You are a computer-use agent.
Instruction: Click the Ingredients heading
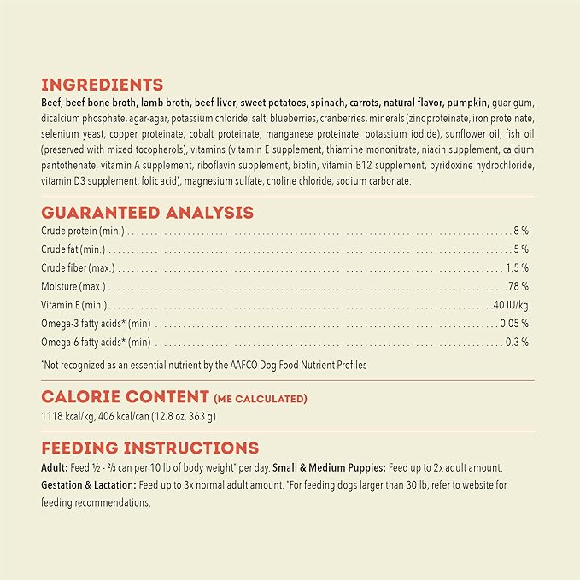click(x=102, y=85)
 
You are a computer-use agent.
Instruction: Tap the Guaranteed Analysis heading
click(x=147, y=213)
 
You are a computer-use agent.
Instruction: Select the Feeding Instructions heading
click(x=149, y=448)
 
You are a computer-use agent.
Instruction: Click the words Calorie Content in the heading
click(x=125, y=396)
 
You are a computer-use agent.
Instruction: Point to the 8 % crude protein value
click(x=521, y=231)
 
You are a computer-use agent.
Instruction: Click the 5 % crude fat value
click(x=521, y=249)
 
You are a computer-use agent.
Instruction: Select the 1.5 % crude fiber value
click(x=517, y=268)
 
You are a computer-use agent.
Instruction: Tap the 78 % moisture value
click(x=518, y=287)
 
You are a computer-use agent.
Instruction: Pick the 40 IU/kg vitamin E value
click(x=511, y=306)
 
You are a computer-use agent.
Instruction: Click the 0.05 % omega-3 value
click(x=514, y=324)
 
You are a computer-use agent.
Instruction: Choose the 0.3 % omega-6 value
click(x=517, y=343)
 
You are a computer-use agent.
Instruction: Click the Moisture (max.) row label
click(x=73, y=287)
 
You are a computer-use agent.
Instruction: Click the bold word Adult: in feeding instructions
click(x=55, y=467)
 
